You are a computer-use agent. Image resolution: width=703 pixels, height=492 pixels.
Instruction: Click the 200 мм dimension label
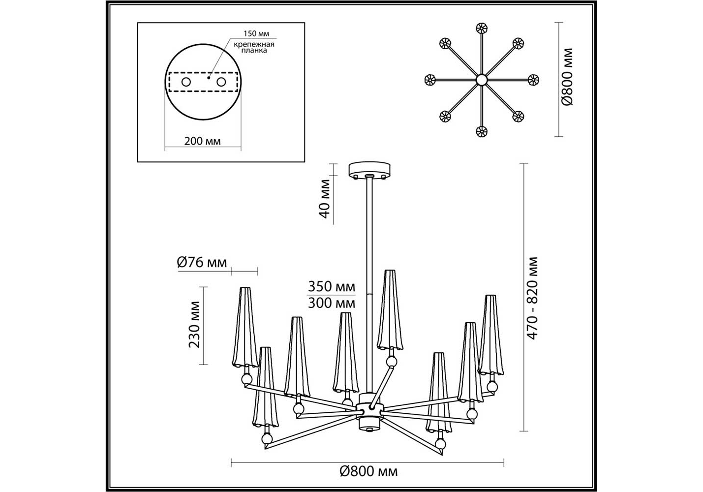202,141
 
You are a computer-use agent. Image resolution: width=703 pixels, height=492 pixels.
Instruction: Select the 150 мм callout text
256,34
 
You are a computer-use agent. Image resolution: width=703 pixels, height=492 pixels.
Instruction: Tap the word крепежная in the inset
254,45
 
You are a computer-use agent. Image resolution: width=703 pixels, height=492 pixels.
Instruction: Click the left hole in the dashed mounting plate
186,82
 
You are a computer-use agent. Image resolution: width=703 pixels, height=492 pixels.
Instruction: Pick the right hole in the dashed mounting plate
221,82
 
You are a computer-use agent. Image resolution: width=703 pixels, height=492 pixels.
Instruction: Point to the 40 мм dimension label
325,199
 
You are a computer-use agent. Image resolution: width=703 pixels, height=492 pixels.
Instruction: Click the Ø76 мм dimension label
202,262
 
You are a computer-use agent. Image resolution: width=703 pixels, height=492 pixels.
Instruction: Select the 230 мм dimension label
194,324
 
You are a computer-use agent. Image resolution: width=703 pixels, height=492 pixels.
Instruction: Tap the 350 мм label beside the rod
332,286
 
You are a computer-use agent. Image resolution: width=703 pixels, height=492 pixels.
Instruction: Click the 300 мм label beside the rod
332,303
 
